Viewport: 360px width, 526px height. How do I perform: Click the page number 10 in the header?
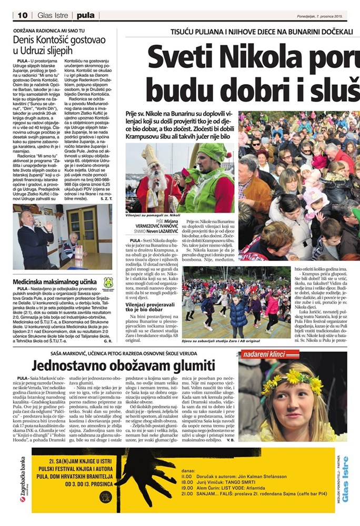(x=22, y=16)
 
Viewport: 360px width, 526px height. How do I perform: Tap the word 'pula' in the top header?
(x=85, y=16)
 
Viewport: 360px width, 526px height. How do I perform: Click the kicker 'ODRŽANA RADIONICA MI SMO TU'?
(x=50, y=31)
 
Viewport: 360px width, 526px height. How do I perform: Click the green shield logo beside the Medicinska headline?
(x=108, y=282)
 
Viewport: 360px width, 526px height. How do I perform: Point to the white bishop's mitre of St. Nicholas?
(x=149, y=155)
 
